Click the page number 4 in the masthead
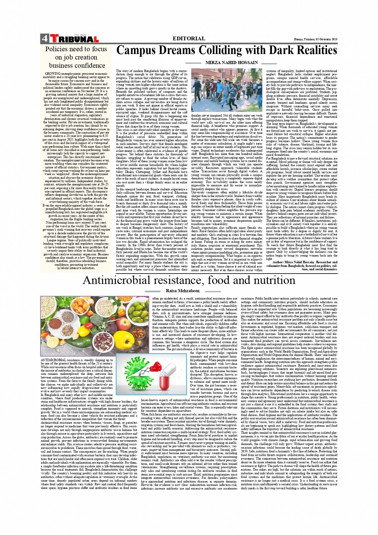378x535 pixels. point(44,39)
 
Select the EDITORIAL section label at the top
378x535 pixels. point(188,38)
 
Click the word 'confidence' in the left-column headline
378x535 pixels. point(88,65)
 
